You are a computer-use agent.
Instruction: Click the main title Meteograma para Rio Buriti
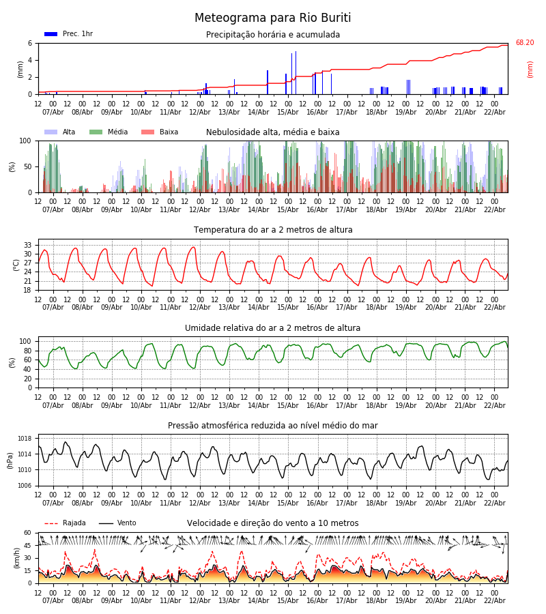tap(272, 18)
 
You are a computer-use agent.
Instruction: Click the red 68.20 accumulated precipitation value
tap(524, 43)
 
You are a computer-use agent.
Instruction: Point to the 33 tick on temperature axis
tap(28, 245)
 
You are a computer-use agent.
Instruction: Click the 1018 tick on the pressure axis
tap(25, 439)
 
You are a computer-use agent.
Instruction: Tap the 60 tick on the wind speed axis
tap(28, 533)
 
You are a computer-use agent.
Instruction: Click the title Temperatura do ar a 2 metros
tap(273, 230)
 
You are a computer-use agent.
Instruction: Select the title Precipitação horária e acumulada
tap(273, 35)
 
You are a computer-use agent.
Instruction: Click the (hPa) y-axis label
tap(11, 460)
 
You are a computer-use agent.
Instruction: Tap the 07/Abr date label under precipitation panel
tap(53, 112)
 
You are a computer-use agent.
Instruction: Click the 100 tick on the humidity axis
tap(25, 341)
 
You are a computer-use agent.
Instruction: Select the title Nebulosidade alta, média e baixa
tap(273, 132)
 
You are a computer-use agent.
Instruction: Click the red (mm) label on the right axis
tap(530, 69)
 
